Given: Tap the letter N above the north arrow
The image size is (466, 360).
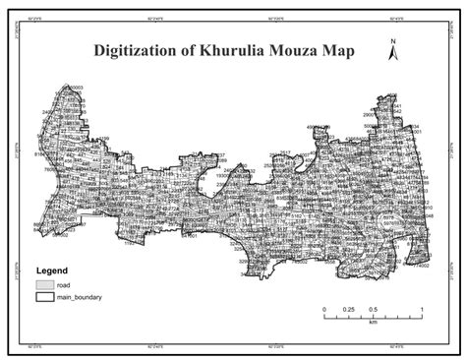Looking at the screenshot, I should [x=391, y=41].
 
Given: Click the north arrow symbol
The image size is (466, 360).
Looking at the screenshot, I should [x=391, y=57].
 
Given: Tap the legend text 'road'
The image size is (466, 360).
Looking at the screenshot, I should [x=64, y=283].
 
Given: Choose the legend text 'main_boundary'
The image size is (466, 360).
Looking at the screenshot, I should [x=81, y=296].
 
